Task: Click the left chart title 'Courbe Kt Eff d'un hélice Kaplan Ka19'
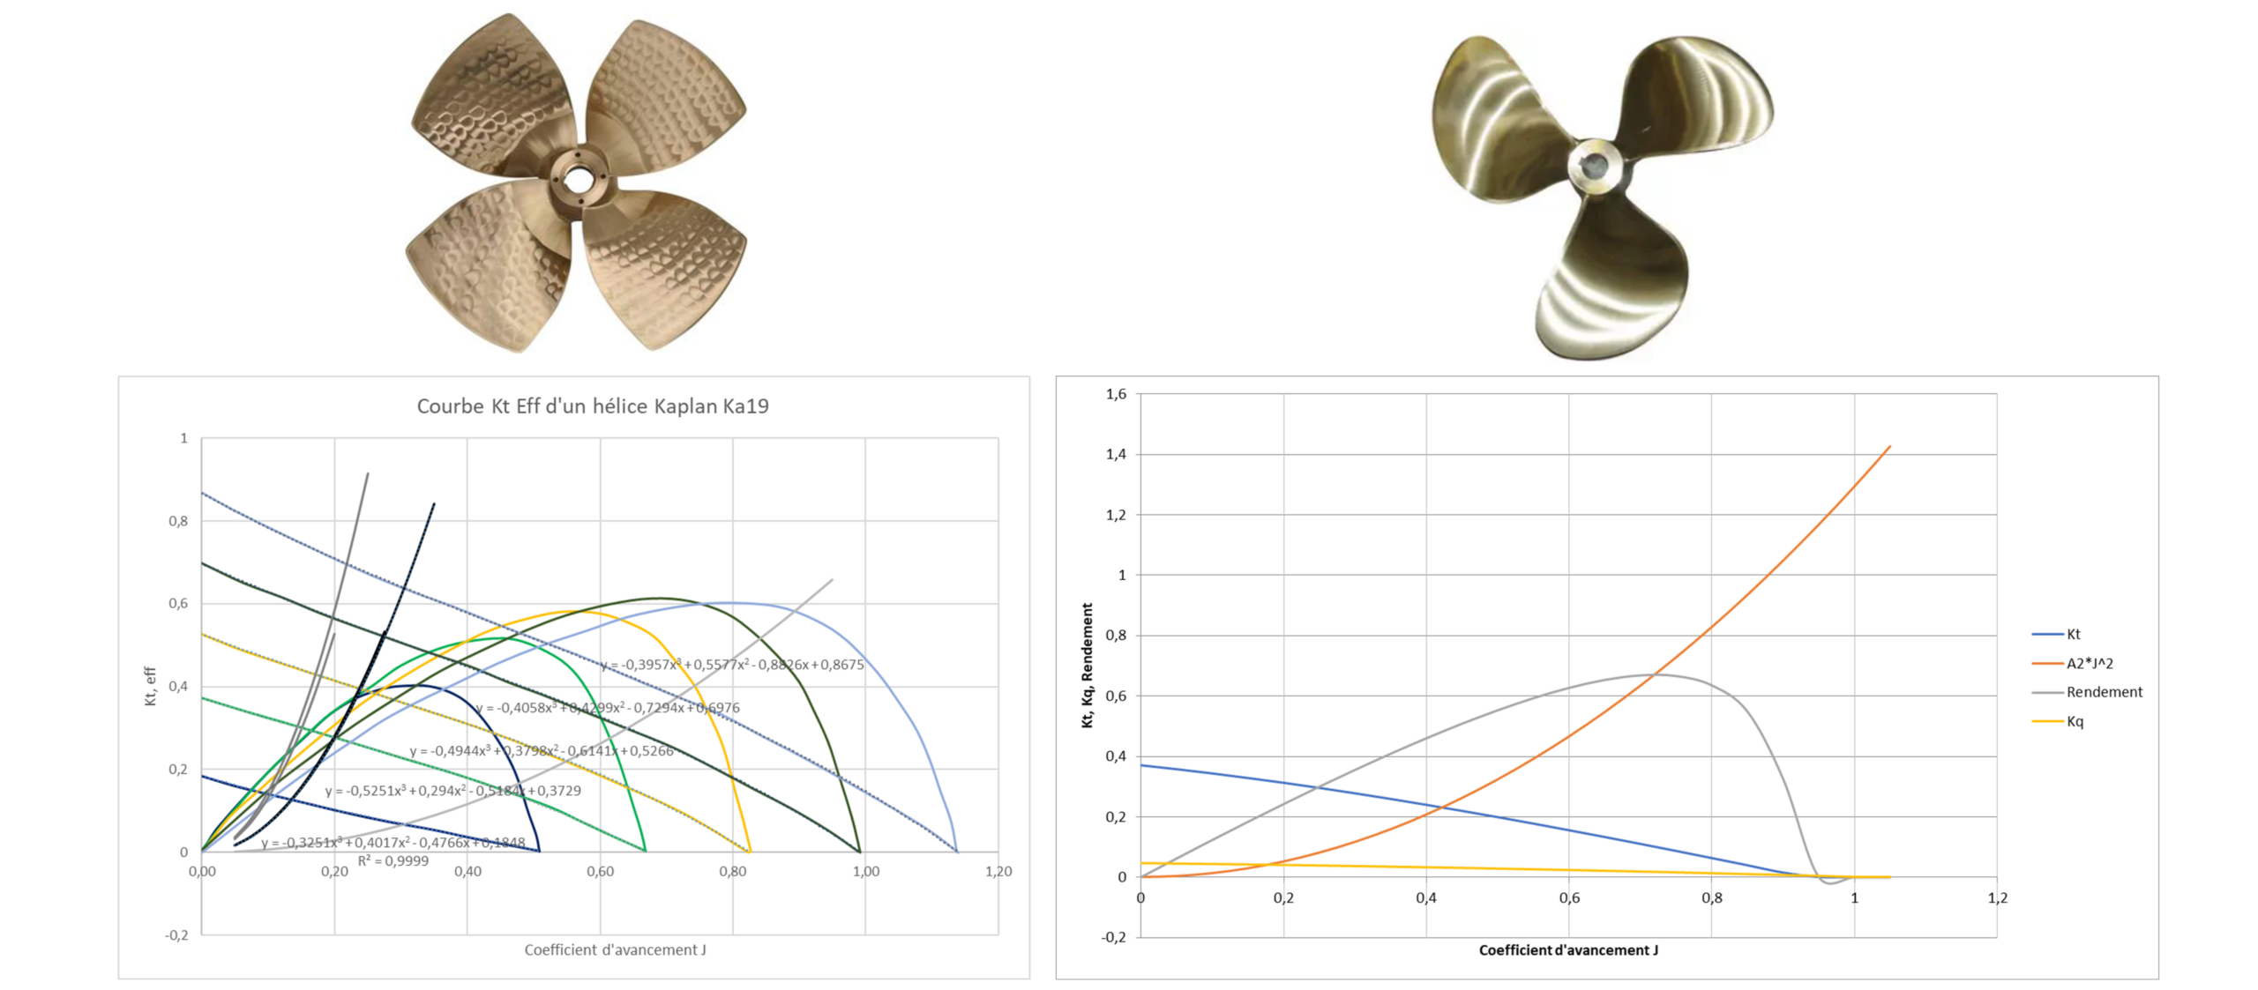[x=593, y=406]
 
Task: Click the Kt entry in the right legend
[x=2073, y=635]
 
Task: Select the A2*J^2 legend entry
[x=2089, y=664]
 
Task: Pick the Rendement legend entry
[x=2104, y=693]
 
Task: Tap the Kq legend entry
[x=2075, y=722]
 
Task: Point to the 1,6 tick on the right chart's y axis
[x=1116, y=394]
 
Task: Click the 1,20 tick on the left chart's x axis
[x=998, y=872]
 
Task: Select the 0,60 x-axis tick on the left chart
[x=600, y=872]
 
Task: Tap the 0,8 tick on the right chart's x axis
[x=1711, y=898]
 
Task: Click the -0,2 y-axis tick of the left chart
[x=176, y=935]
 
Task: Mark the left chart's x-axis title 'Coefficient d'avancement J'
[x=615, y=950]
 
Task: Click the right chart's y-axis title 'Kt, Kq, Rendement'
[x=1088, y=666]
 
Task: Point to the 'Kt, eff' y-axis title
[x=151, y=686]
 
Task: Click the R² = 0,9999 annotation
[x=393, y=861]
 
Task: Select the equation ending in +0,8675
[x=732, y=665]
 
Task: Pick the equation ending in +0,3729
[x=453, y=791]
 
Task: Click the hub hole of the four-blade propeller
[x=578, y=180]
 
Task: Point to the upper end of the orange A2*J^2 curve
[x=1889, y=447]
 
